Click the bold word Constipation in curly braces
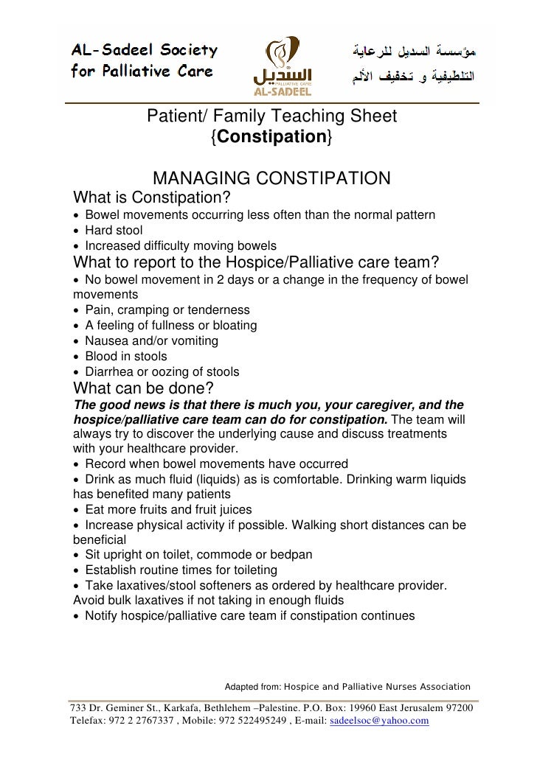pos(271,136)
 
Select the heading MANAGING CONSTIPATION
pos(271,178)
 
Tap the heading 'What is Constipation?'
pos(152,198)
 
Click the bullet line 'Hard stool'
pos(114,230)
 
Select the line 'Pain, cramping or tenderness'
pos(167,309)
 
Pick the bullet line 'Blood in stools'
pos(125,356)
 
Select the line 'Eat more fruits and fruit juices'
pos(168,509)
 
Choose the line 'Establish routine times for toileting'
pos(181,570)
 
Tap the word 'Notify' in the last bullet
pos(103,615)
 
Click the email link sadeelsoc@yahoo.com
pos(379,720)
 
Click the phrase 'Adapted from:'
pos(252,686)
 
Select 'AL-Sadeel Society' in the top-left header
pos(144,50)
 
